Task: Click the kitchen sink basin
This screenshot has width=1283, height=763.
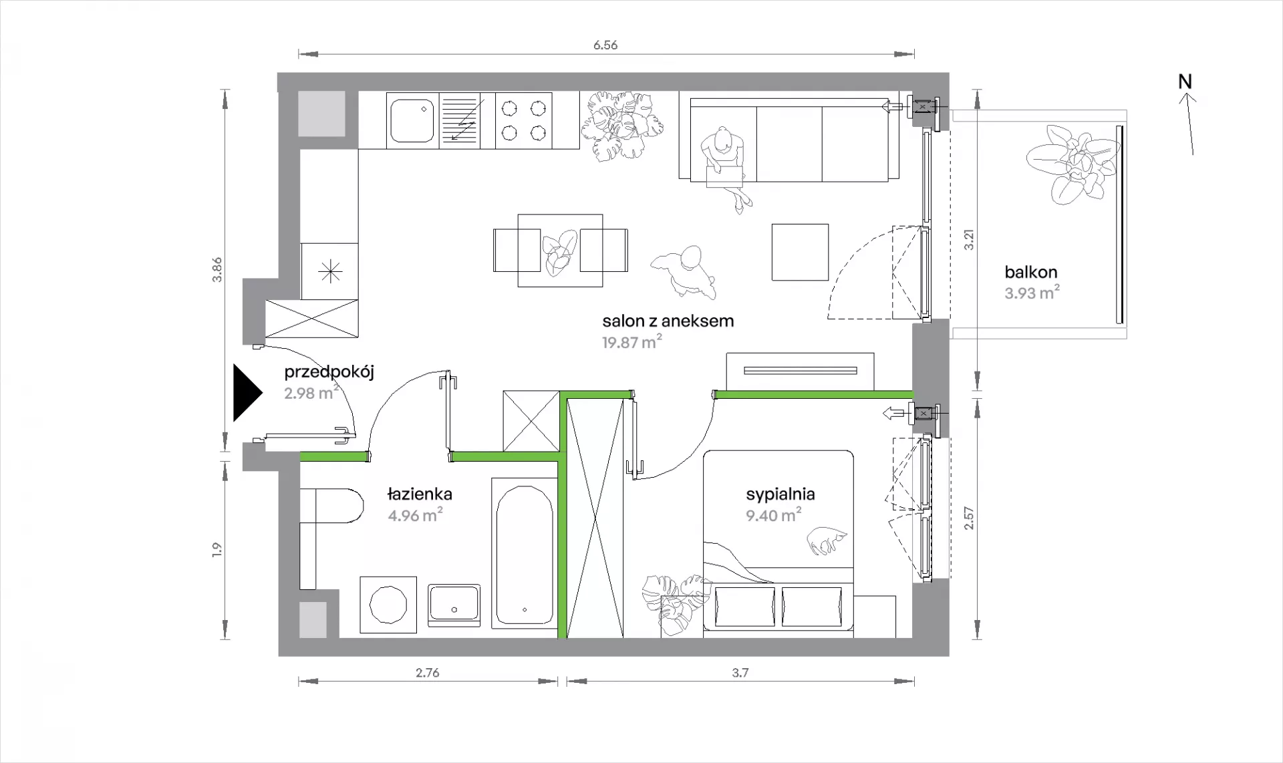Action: pyautogui.click(x=412, y=121)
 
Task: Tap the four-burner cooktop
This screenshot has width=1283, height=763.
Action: pyautogui.click(x=524, y=120)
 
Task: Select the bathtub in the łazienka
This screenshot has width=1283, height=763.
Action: pyautogui.click(x=525, y=553)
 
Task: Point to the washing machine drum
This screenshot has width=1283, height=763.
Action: pyautogui.click(x=388, y=604)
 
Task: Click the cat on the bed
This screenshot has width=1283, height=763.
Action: pyautogui.click(x=827, y=539)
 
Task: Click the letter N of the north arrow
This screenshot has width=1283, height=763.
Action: pyautogui.click(x=1185, y=82)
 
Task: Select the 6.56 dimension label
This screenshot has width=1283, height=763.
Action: pyautogui.click(x=605, y=45)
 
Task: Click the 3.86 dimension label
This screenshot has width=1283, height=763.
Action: pyautogui.click(x=217, y=269)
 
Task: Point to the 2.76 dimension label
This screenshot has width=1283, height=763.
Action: pyautogui.click(x=428, y=673)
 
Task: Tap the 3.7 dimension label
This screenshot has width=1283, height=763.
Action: pyautogui.click(x=740, y=673)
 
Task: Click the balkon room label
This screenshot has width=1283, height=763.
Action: pyautogui.click(x=1031, y=273)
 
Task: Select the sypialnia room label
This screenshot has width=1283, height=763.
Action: pyautogui.click(x=780, y=494)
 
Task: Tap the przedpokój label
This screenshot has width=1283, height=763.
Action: pyautogui.click(x=329, y=372)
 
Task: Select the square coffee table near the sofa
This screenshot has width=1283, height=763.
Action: pyautogui.click(x=800, y=252)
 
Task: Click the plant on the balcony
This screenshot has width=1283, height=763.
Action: pyautogui.click(x=1071, y=163)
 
